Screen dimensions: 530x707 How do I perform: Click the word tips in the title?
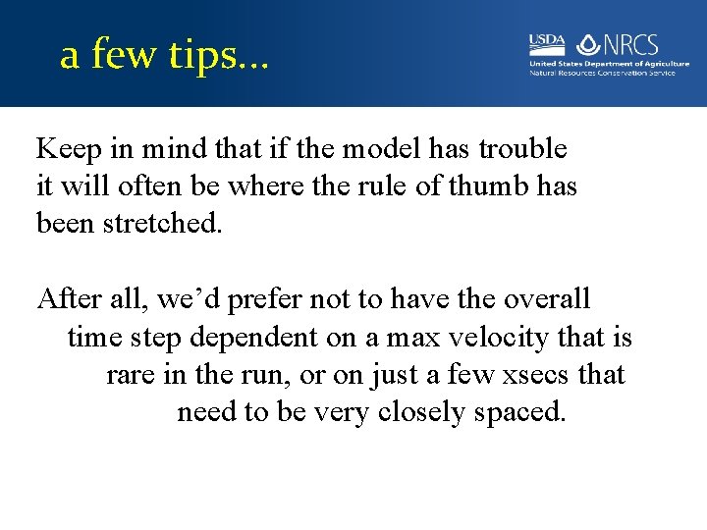tap(202, 56)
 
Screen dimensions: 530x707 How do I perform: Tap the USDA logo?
tap(547, 43)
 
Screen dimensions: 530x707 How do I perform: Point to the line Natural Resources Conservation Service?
tap(602, 73)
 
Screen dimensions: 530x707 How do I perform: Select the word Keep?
tap(69, 149)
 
